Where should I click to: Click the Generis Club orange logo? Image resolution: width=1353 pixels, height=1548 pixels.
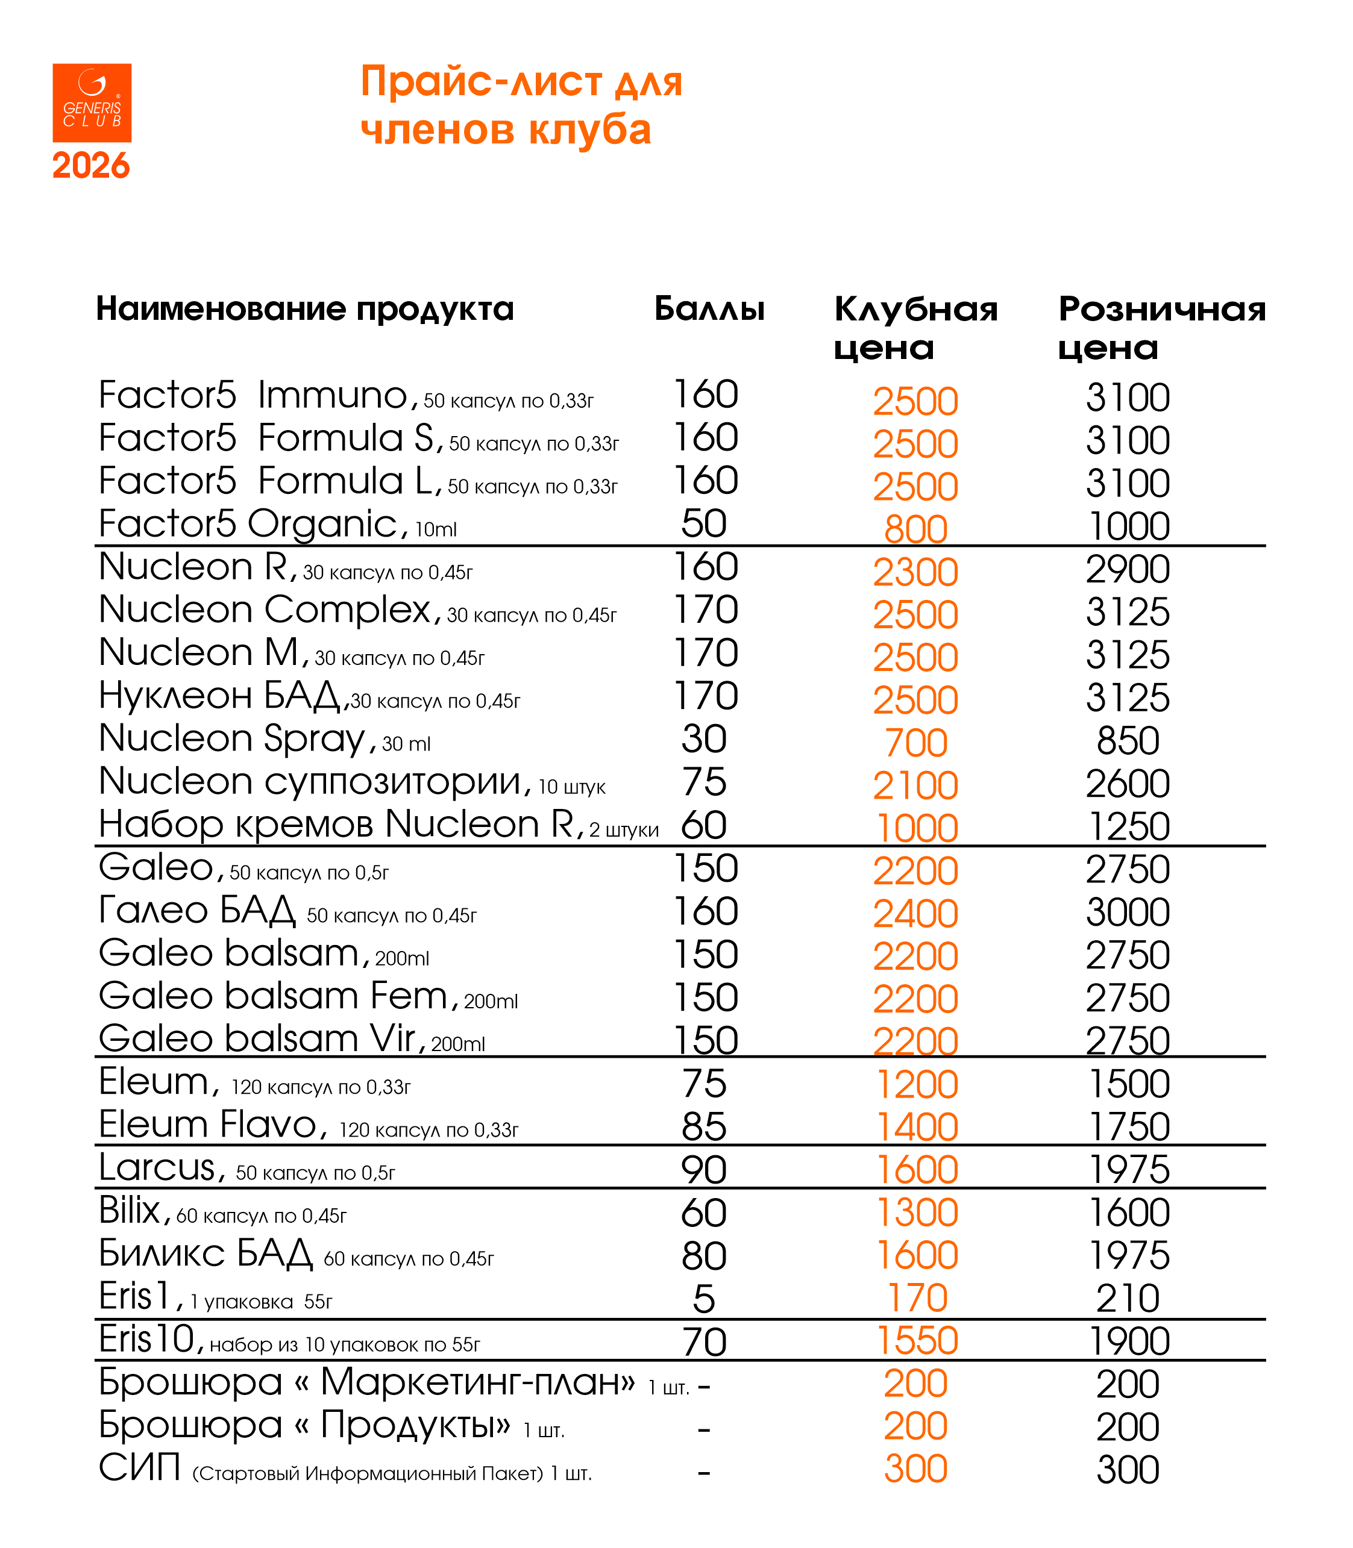[92, 102]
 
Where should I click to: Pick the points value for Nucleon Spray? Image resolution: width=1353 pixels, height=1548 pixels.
[704, 739]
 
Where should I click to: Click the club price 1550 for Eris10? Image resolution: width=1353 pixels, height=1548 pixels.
[917, 1341]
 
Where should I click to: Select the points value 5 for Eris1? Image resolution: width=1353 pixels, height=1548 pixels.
[704, 1299]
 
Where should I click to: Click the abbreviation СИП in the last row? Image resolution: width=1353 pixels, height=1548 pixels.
[140, 1468]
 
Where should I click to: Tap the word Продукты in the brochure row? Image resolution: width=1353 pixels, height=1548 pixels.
[415, 1425]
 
